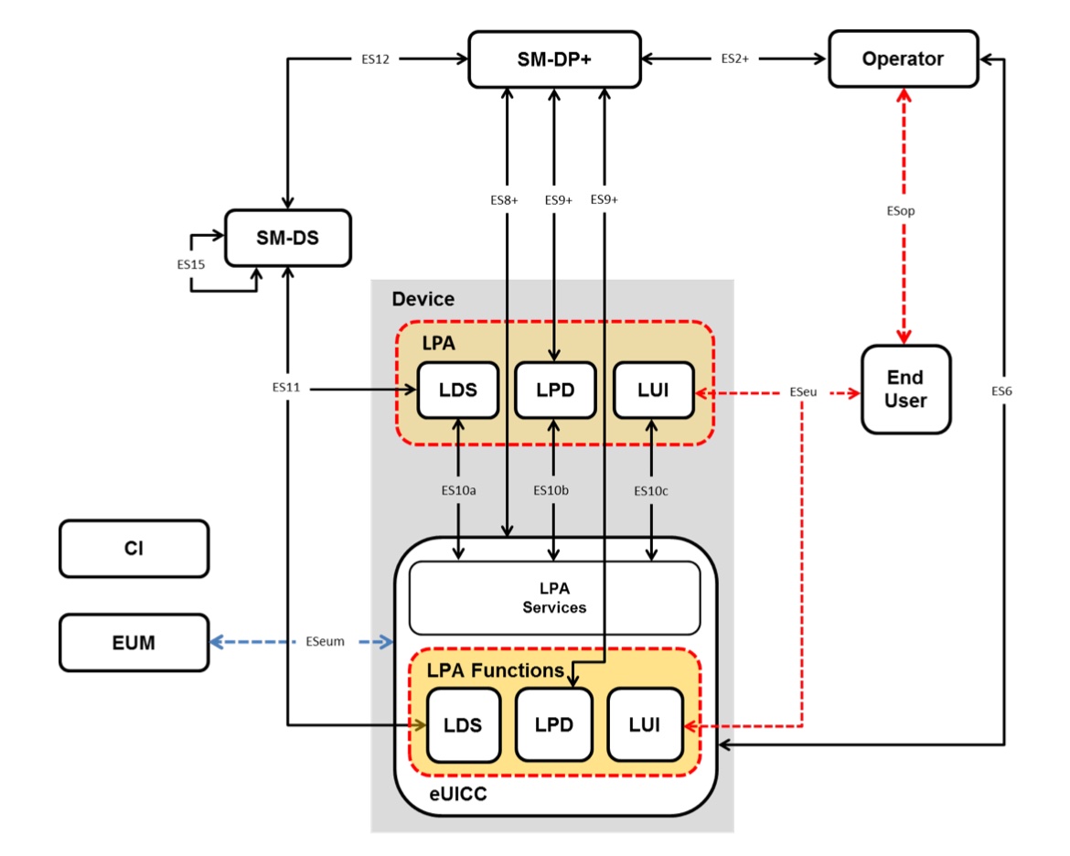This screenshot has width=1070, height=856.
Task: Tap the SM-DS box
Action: click(288, 238)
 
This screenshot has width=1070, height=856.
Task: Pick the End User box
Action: click(905, 389)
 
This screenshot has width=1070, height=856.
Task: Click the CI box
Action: click(134, 549)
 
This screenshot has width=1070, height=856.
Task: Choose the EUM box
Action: click(134, 642)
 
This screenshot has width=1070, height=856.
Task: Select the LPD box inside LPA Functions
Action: click(554, 724)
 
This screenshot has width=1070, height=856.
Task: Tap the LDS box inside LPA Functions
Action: click(463, 724)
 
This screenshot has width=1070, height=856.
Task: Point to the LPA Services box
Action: click(554, 597)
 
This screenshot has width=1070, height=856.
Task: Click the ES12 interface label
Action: click(375, 60)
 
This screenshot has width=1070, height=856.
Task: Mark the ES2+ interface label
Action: click(734, 60)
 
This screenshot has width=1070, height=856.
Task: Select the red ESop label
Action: click(901, 210)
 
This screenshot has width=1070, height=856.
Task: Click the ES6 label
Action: click(1002, 391)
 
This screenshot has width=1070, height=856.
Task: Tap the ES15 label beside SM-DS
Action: click(192, 263)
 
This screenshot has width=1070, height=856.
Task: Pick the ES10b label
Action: click(551, 491)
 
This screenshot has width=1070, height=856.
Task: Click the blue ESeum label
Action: click(326, 642)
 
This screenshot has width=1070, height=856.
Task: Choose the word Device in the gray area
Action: click(423, 299)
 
